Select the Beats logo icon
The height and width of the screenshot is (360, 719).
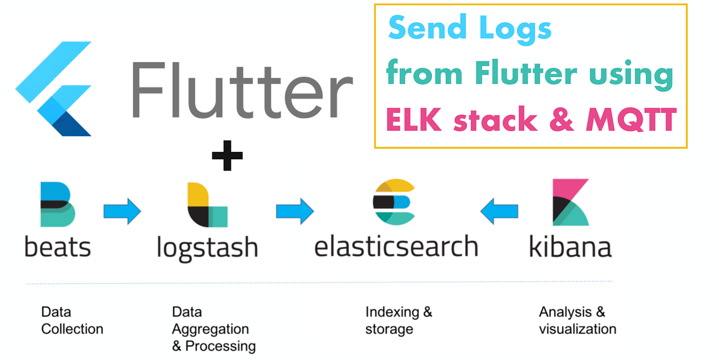[x=58, y=204]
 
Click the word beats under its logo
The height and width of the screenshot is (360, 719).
[x=58, y=247]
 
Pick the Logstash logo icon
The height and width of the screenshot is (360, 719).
[x=207, y=205]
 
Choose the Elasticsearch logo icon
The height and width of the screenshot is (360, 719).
[x=394, y=202]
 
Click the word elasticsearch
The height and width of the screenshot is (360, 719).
[x=396, y=247]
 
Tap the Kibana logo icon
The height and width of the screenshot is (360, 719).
[x=570, y=202]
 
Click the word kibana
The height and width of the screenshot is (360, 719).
[x=570, y=247]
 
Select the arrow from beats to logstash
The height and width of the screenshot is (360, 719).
[x=122, y=211]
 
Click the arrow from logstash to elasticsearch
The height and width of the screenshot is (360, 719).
[x=294, y=211]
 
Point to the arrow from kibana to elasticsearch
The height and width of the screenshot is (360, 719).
[x=499, y=211]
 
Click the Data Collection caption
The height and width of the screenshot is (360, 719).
[x=72, y=320]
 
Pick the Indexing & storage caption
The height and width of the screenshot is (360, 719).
[x=398, y=320]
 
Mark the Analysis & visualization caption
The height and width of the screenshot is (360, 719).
[x=577, y=320]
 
